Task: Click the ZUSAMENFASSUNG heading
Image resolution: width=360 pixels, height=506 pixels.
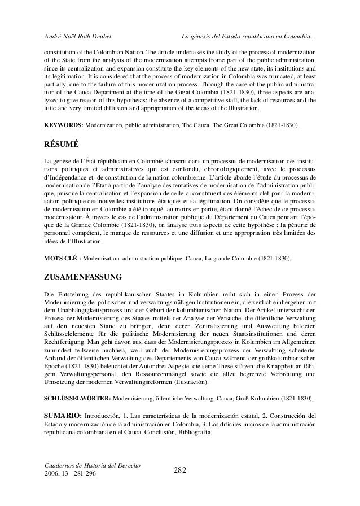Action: [85, 278]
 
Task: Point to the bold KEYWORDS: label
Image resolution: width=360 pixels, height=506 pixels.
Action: [63, 123]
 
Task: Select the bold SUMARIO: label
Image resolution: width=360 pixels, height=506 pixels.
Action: [64, 417]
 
